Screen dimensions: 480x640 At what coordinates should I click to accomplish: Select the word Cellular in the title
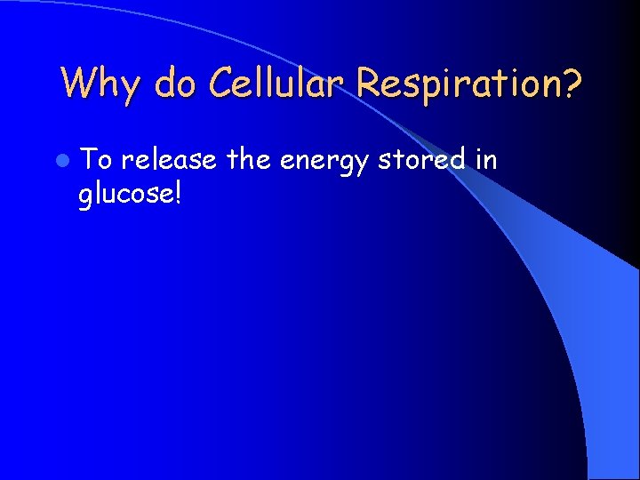point(277,84)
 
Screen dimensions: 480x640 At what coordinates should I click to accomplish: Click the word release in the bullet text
point(169,161)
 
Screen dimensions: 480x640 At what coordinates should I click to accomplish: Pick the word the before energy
point(248,160)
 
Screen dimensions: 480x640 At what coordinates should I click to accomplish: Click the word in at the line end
point(485,160)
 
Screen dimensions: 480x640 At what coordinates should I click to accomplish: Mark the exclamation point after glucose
point(178,191)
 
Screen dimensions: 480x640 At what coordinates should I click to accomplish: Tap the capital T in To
point(89,160)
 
